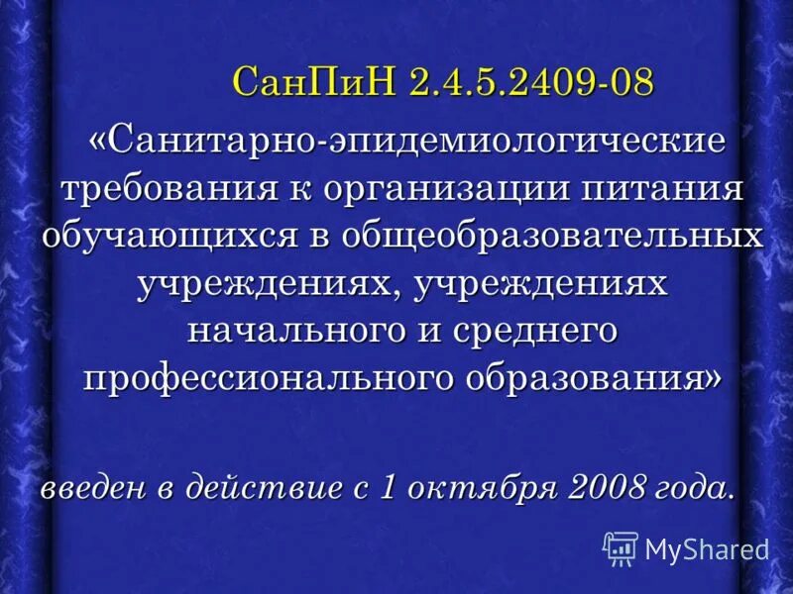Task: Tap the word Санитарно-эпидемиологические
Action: pyautogui.click(x=417, y=142)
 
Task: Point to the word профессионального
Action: pyautogui.click(x=262, y=379)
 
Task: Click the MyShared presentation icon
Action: pyautogui.click(x=621, y=547)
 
